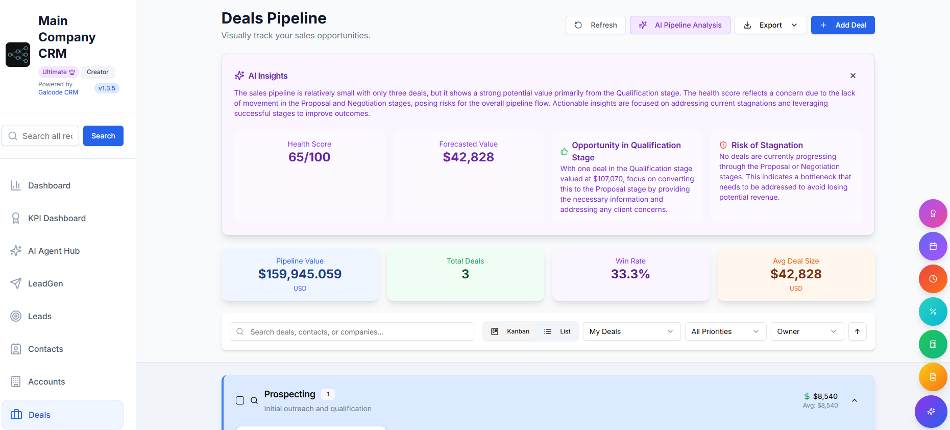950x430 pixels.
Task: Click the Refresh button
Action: tap(595, 25)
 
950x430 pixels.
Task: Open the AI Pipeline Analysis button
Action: tap(679, 25)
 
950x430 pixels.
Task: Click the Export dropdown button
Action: tap(770, 25)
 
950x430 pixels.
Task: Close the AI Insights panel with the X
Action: tap(852, 76)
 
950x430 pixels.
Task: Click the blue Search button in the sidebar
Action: tap(103, 136)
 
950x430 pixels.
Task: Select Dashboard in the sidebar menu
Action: tap(49, 185)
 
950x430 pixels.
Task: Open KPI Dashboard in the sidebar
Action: tap(57, 218)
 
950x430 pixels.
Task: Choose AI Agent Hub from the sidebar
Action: tap(54, 251)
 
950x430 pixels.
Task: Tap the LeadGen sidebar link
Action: tap(45, 283)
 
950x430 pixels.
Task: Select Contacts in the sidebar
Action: tap(45, 349)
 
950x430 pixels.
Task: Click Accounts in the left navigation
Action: tap(46, 381)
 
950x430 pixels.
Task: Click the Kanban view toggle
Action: tap(510, 331)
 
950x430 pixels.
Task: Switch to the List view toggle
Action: tap(557, 331)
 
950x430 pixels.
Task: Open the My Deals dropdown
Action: tap(631, 331)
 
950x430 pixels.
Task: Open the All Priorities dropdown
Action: tap(725, 331)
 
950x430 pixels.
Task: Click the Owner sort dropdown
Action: tap(807, 331)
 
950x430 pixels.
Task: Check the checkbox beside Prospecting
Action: tap(240, 400)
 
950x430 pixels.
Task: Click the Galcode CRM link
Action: tap(58, 92)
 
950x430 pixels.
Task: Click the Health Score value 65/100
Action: tap(309, 157)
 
